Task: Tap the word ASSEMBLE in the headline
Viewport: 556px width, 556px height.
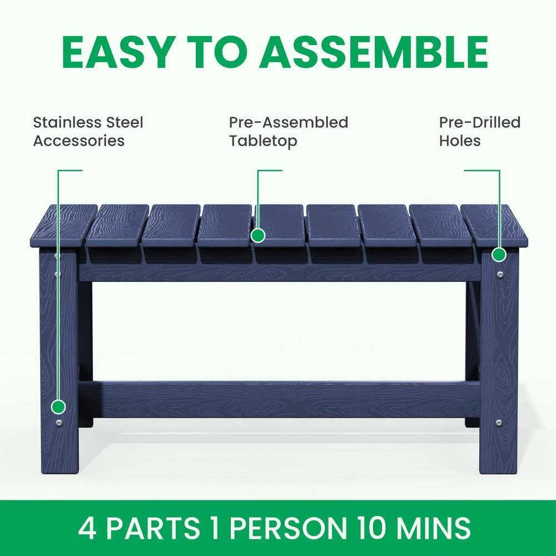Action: [374, 52]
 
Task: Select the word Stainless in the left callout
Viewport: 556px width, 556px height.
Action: [63, 122]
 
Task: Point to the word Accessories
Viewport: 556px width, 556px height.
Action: [79, 141]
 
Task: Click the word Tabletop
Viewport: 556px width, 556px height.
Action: [263, 141]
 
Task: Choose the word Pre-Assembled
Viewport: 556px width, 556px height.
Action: [289, 122]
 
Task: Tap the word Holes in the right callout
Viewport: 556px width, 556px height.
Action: [460, 141]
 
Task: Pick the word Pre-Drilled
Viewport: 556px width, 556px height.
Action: [480, 122]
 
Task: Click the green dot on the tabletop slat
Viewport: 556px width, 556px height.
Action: [258, 235]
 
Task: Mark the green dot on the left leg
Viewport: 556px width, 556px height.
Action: [58, 407]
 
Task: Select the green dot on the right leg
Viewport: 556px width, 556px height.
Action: [499, 255]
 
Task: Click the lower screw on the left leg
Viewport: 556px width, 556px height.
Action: [58, 423]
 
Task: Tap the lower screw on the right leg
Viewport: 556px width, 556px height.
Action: [499, 423]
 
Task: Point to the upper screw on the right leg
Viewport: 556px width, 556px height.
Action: [500, 275]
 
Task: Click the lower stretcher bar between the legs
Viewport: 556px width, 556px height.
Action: [279, 399]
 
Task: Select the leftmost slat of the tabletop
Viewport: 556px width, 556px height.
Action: [64, 226]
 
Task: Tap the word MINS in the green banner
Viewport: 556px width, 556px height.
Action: [434, 528]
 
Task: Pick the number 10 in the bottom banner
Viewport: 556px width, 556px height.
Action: [371, 528]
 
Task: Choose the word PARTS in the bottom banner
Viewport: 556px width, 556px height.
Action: [153, 528]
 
